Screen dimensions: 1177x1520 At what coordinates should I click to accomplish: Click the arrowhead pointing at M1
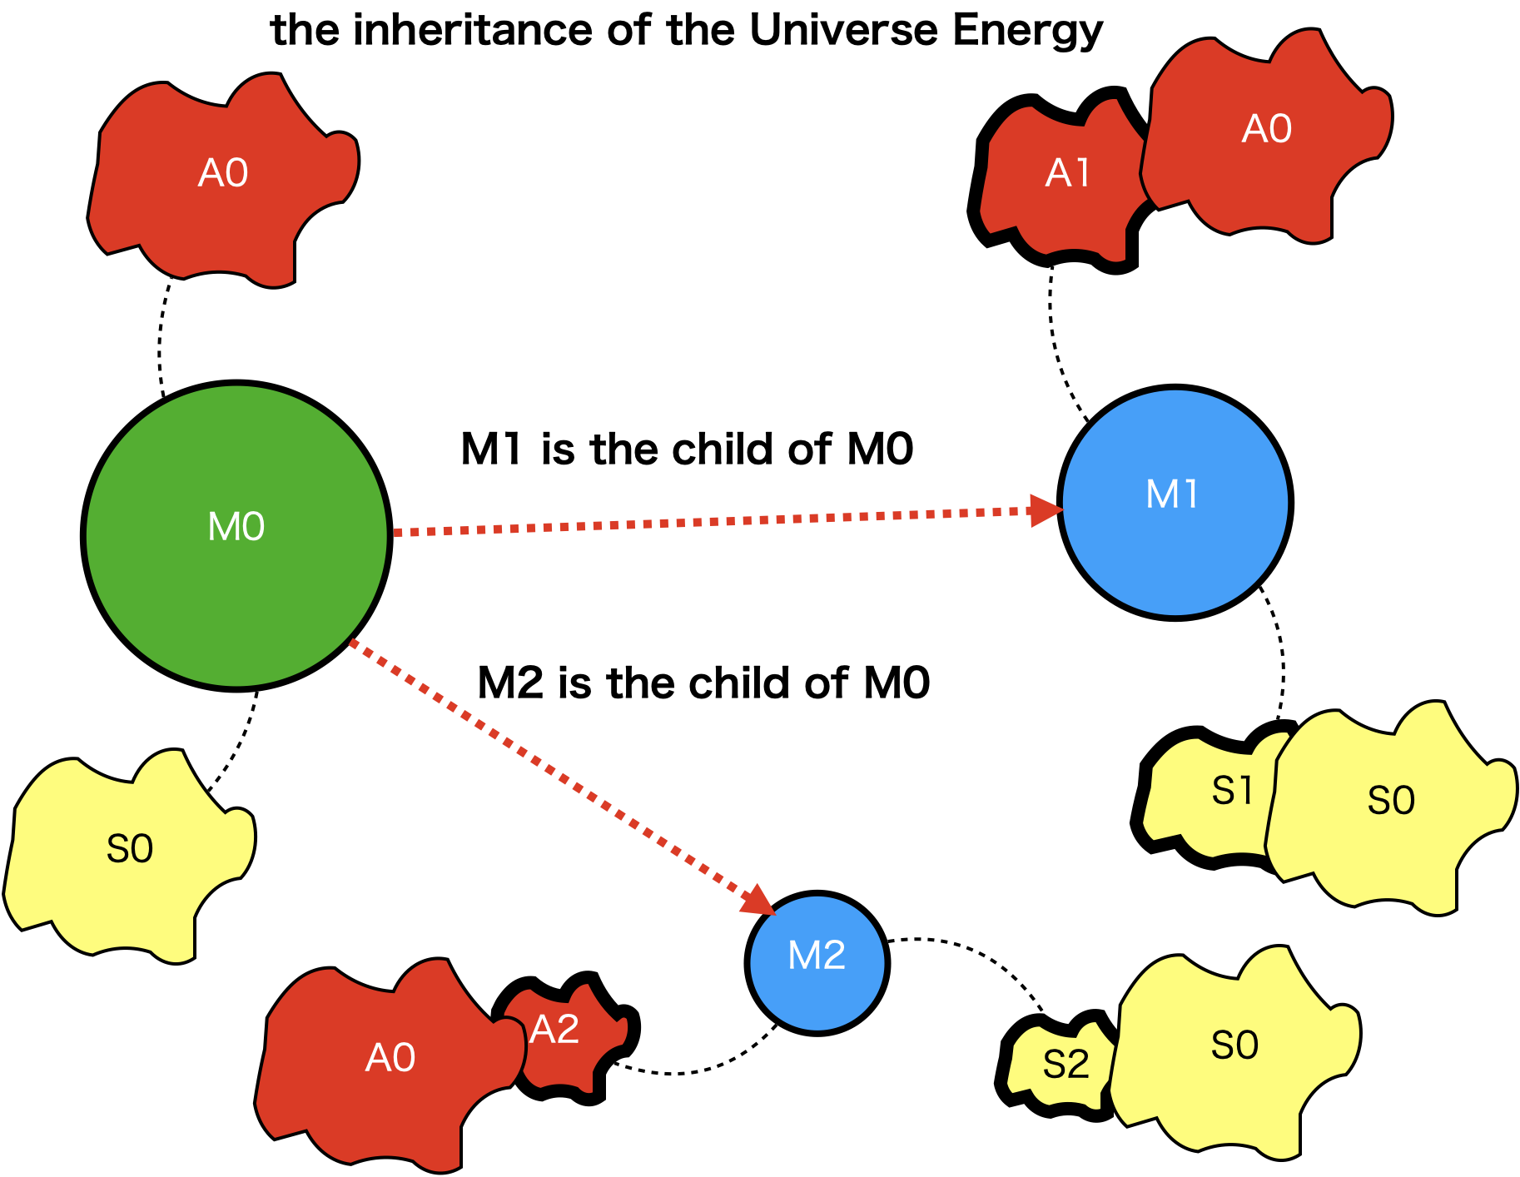(x=1045, y=510)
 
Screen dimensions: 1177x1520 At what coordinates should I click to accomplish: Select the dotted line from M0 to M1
(x=708, y=522)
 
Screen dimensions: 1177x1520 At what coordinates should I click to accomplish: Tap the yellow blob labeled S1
(x=1215, y=799)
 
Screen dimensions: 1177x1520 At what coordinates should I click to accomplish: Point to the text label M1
(x=1172, y=494)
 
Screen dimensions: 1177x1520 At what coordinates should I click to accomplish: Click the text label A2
(x=554, y=1030)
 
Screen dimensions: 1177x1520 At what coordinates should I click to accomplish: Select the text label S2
(x=1065, y=1065)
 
